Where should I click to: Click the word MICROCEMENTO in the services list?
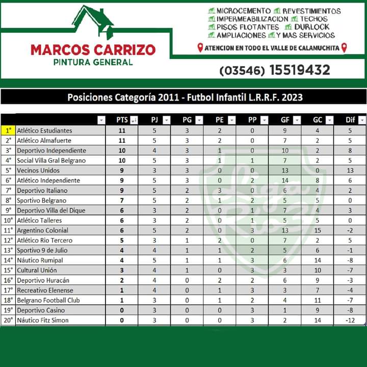pyautogui.click(x=243, y=11)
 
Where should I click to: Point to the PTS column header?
pyautogui.click(x=122, y=120)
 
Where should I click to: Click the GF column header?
pyautogui.click(x=285, y=120)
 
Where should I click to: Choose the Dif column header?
pyautogui.click(x=350, y=120)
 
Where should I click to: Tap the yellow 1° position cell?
pyautogui.click(x=8, y=130)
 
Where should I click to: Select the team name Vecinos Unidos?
pyautogui.click(x=38, y=170)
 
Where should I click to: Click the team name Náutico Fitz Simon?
pyautogui.click(x=43, y=320)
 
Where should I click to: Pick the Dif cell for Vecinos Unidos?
pyautogui.click(x=350, y=170)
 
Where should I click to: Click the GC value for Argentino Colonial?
pyautogui.click(x=318, y=230)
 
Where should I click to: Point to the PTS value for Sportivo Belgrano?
pyautogui.click(x=122, y=200)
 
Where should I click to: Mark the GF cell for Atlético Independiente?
pyautogui.click(x=285, y=180)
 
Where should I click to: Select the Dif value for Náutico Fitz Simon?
pyautogui.click(x=350, y=320)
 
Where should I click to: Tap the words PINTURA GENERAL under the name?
pyautogui.click(x=93, y=62)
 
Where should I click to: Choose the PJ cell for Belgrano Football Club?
pyautogui.click(x=154, y=300)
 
